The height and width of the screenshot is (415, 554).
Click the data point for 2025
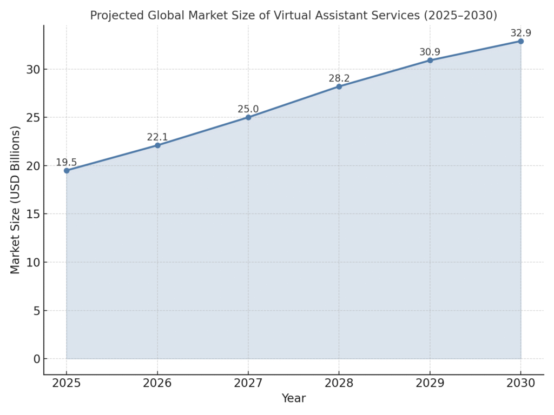(x=67, y=171)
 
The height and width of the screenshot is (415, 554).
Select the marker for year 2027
(x=248, y=117)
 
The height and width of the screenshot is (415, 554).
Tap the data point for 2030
(x=520, y=41)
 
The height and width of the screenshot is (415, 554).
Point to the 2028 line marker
(x=339, y=86)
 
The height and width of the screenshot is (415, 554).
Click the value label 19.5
(x=67, y=163)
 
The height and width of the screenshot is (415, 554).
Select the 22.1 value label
(x=157, y=137)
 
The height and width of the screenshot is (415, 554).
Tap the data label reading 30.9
(x=430, y=52)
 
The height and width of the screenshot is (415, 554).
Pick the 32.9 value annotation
(x=520, y=33)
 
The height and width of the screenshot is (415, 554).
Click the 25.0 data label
(x=248, y=109)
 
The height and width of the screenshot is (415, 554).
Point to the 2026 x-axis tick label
(x=157, y=383)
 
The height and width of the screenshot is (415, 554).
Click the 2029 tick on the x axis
(x=430, y=383)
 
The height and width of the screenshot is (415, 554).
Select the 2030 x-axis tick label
(x=520, y=383)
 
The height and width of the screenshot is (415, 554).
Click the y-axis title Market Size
(x=15, y=200)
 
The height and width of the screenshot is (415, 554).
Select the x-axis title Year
(x=293, y=399)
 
